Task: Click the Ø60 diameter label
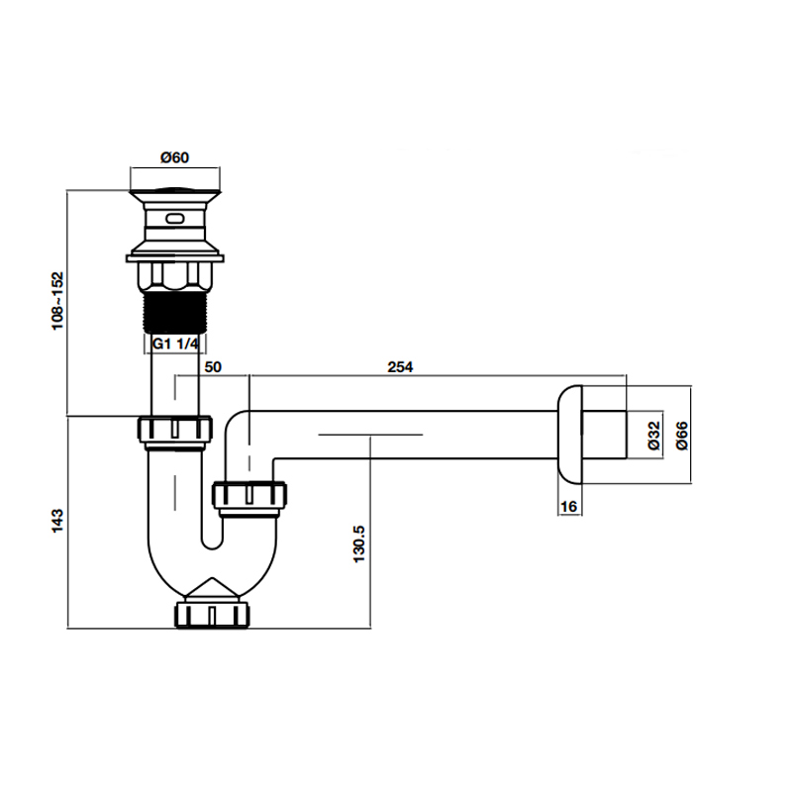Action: pos(175,157)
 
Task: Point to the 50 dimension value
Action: pos(212,366)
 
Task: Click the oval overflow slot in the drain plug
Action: pos(176,217)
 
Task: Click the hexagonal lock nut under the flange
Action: pos(176,276)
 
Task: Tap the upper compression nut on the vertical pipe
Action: pos(176,431)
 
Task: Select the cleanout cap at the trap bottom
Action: pos(215,613)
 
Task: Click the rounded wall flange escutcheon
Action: pos(567,434)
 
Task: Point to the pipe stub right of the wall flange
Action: pos(605,434)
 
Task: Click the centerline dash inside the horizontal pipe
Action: pos(370,434)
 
